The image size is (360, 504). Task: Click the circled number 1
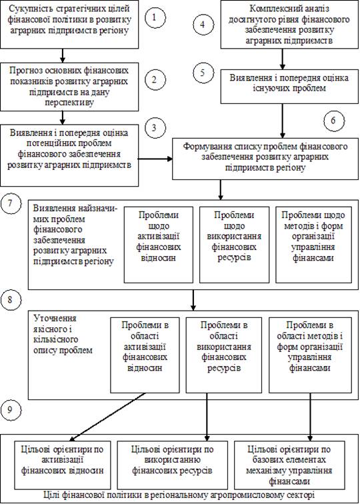click(155, 17)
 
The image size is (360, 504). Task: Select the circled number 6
click(334, 121)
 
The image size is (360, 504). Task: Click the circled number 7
click(11, 205)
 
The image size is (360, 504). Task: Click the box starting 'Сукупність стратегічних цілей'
click(69, 24)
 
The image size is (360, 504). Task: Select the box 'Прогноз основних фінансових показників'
click(69, 86)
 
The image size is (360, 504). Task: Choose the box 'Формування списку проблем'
click(266, 158)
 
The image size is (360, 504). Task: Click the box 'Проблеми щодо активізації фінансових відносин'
click(159, 245)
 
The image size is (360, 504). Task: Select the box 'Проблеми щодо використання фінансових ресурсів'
click(234, 245)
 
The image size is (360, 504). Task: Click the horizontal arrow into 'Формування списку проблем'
click(155, 159)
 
